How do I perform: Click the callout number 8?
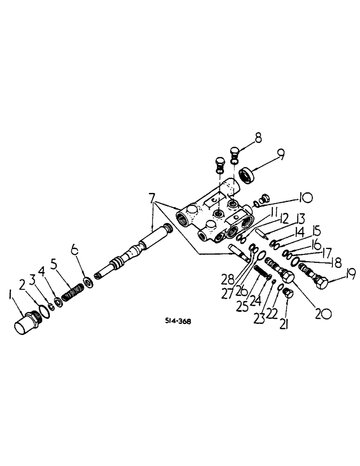257,138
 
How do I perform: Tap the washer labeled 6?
87,283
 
